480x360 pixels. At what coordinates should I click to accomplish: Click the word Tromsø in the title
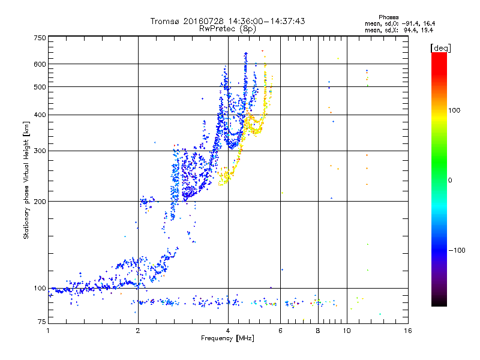[167, 21]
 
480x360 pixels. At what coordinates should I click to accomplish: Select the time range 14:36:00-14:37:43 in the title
[257, 21]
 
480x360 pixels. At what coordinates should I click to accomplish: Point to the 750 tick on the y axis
[40, 38]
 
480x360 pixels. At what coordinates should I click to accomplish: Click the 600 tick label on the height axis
[40, 64]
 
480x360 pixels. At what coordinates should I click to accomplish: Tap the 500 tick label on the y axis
[40, 86]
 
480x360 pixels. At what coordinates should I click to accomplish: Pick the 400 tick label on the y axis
[40, 115]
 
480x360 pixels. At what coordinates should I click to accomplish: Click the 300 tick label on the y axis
[40, 151]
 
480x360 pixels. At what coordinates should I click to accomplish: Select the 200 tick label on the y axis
[40, 201]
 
